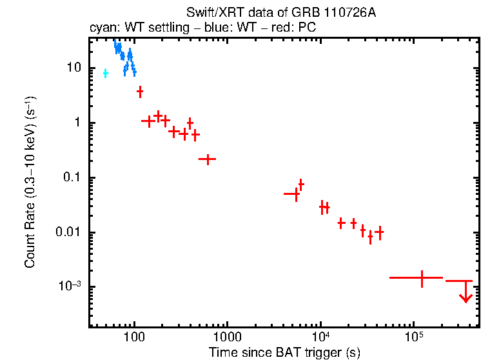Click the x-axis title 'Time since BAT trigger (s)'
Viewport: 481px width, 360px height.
(x=284, y=352)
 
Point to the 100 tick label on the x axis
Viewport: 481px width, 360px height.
(x=134, y=337)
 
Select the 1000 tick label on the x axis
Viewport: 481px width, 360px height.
(x=227, y=337)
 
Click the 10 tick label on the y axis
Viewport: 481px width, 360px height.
(x=73, y=68)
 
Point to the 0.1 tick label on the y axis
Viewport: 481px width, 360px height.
(x=71, y=178)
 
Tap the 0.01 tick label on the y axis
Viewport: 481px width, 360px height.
(x=68, y=233)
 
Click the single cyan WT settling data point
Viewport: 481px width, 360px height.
(x=106, y=74)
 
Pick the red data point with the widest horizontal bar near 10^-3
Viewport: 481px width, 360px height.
(x=422, y=277)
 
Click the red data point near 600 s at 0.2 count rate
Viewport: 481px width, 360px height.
(x=208, y=159)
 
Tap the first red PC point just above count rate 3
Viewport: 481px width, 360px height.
(x=140, y=92)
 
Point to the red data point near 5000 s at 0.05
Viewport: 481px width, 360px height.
(x=295, y=193)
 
